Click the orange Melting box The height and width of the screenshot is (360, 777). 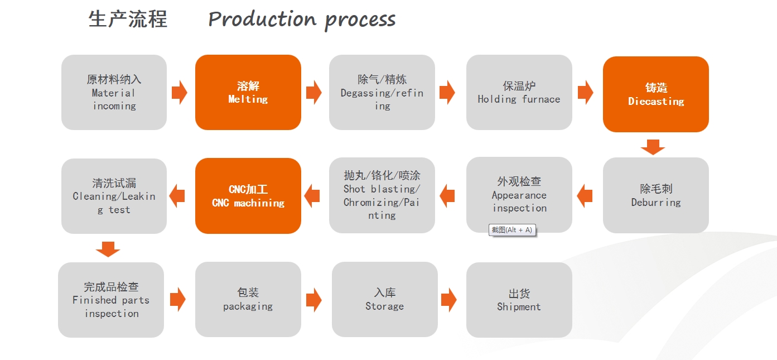click(248, 92)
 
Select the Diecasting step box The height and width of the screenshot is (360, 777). click(655, 94)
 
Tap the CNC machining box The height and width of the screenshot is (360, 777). click(248, 196)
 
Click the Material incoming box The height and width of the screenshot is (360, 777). click(114, 92)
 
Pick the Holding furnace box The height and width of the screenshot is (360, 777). click(519, 92)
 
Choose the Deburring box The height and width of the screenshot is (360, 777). click(655, 195)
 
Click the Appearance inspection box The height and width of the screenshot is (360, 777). click(519, 195)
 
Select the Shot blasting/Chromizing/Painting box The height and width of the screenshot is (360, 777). click(382, 195)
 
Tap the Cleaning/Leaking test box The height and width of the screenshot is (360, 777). click(114, 196)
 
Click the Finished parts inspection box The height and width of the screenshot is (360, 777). click(111, 300)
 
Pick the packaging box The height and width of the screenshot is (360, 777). click(248, 299)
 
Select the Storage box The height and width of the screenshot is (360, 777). click(385, 299)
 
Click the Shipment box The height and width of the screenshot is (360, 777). click(519, 300)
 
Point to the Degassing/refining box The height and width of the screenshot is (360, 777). click(382, 92)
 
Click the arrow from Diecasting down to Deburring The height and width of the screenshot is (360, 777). click(653, 147)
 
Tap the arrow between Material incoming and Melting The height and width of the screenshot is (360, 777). click(180, 92)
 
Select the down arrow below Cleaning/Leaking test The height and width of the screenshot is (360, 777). click(108, 249)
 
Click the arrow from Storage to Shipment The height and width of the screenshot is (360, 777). click(449, 300)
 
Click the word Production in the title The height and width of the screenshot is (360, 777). click(262, 19)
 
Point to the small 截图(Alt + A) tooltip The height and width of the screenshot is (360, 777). click(512, 230)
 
